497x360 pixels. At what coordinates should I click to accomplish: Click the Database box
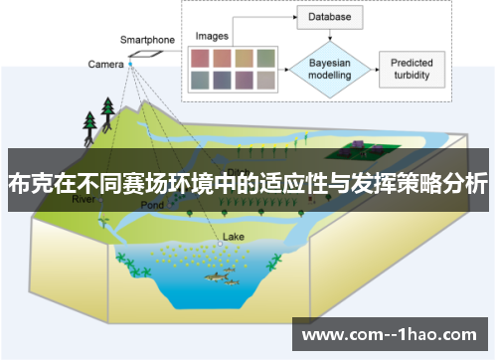pyautogui.click(x=329, y=17)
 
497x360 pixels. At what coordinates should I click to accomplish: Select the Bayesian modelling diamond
pyautogui.click(x=329, y=68)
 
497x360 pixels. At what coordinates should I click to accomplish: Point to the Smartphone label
pyautogui.click(x=147, y=40)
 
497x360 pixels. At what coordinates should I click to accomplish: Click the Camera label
pyautogui.click(x=105, y=65)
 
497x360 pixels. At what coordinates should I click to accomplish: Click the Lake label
pyautogui.click(x=233, y=237)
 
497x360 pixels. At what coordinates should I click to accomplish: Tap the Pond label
pyautogui.click(x=151, y=205)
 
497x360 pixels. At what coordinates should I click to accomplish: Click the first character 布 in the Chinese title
pyautogui.click(x=19, y=183)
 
